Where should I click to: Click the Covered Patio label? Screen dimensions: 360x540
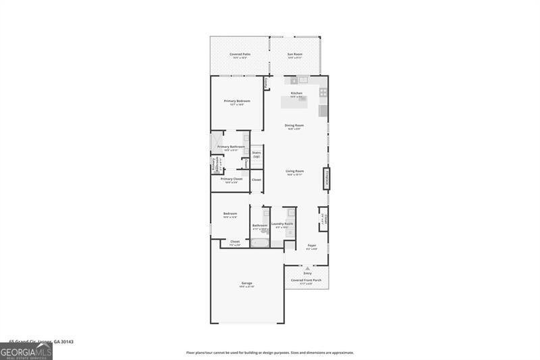pyautogui.click(x=239, y=53)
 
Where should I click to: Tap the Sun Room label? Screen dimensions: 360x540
pyautogui.click(x=295, y=53)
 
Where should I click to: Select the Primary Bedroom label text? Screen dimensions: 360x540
pyautogui.click(x=237, y=101)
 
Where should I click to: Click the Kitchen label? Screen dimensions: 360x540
pyautogui.click(x=296, y=93)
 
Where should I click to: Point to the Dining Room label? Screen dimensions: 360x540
pyautogui.click(x=294, y=125)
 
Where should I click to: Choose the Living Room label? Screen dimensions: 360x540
pyautogui.click(x=294, y=171)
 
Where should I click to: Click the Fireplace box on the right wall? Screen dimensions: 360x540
pyautogui.click(x=327, y=178)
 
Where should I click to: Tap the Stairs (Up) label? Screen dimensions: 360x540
pyautogui.click(x=256, y=154)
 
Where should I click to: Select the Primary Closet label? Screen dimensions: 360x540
pyautogui.click(x=232, y=179)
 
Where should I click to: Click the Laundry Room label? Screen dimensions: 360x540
pyautogui.click(x=282, y=224)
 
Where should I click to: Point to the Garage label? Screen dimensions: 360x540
pyautogui.click(x=246, y=283)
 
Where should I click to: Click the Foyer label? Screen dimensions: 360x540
pyautogui.click(x=312, y=245)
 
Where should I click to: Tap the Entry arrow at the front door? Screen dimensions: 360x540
pyautogui.click(x=307, y=269)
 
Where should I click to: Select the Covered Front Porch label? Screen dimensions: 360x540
pyautogui.click(x=306, y=280)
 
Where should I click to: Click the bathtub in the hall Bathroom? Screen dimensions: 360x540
pyautogui.click(x=259, y=242)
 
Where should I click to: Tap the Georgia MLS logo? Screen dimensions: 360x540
pyautogui.click(x=26, y=351)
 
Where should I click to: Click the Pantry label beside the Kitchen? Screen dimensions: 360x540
pyautogui.click(x=267, y=83)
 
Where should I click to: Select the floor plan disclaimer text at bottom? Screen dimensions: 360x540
pyautogui.click(x=270, y=353)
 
